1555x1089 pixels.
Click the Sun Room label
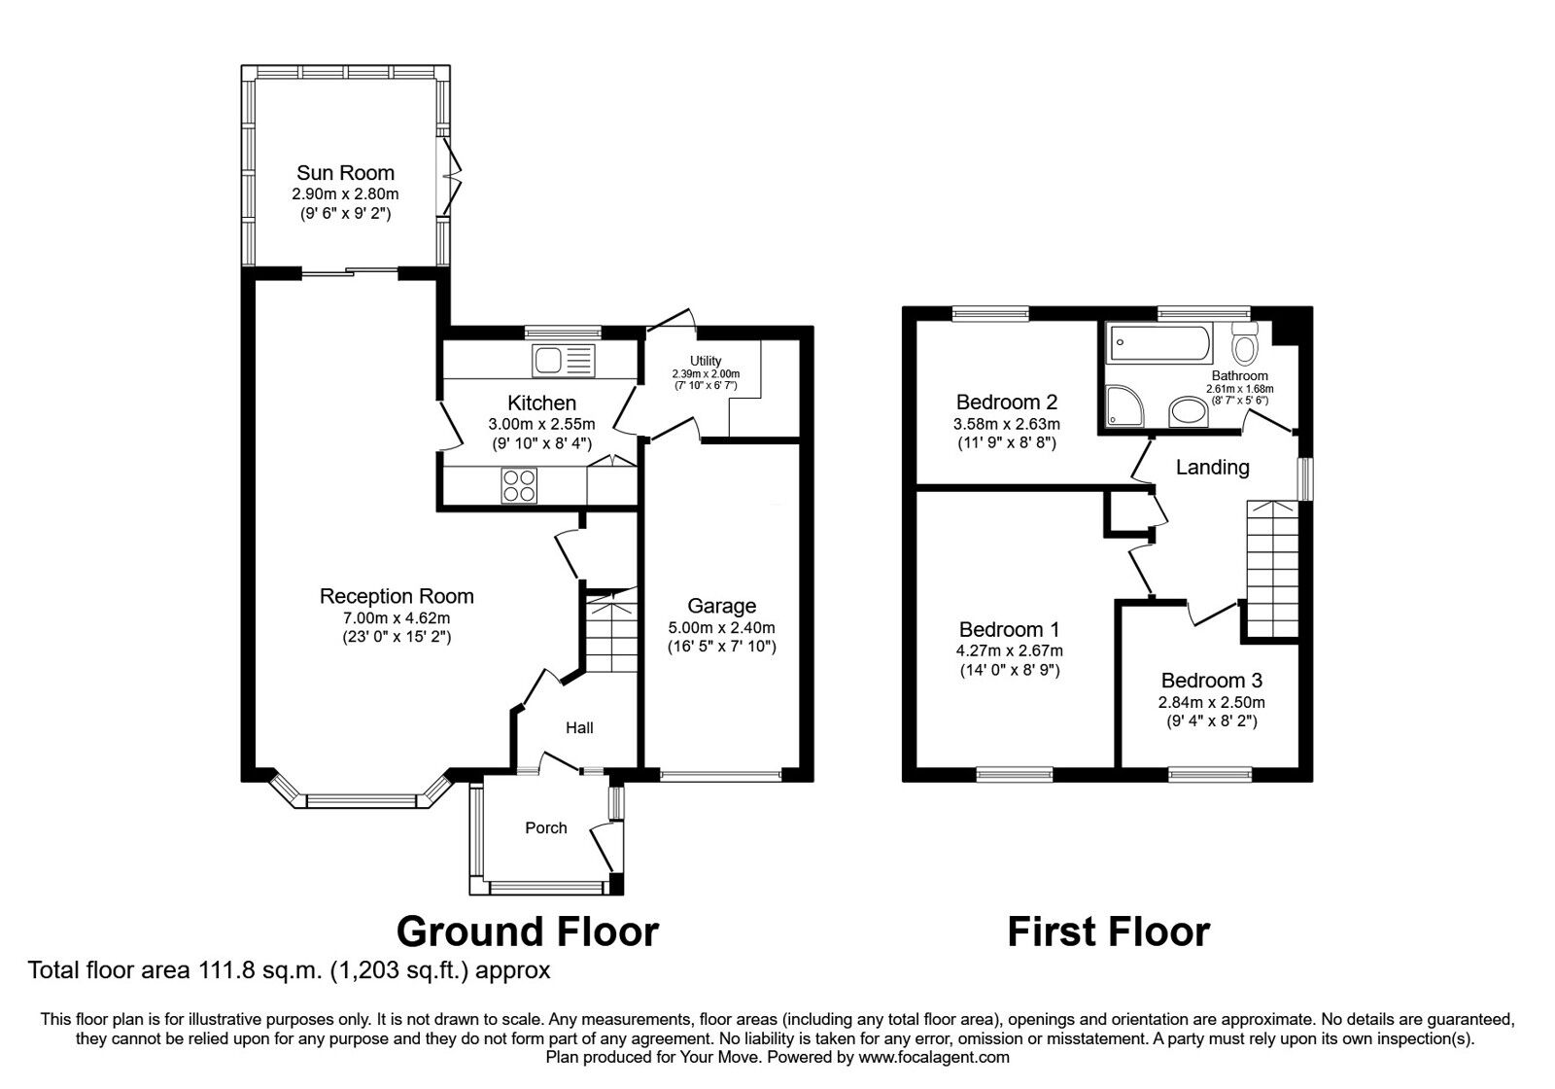tap(345, 172)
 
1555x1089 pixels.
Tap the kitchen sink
tap(564, 361)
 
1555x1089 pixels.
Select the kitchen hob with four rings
tap(519, 485)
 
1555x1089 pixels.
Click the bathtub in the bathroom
tap(1160, 343)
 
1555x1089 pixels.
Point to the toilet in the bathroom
tap(1245, 344)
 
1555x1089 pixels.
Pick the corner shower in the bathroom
tap(1124, 405)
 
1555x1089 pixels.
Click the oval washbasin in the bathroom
tap(1189, 411)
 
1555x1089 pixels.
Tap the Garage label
tap(721, 606)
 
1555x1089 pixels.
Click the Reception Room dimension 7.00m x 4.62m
tap(397, 617)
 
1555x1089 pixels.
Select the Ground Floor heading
tap(528, 932)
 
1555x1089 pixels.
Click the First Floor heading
tap(1109, 932)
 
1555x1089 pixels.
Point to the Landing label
tap(1212, 468)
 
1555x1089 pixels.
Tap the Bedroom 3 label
tap(1211, 680)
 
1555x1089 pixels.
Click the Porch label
tap(545, 827)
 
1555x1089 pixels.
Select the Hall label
tap(579, 728)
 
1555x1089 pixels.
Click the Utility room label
tap(706, 361)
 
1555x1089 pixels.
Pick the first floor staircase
tap(1272, 569)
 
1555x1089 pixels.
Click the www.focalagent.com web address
tap(934, 1057)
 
